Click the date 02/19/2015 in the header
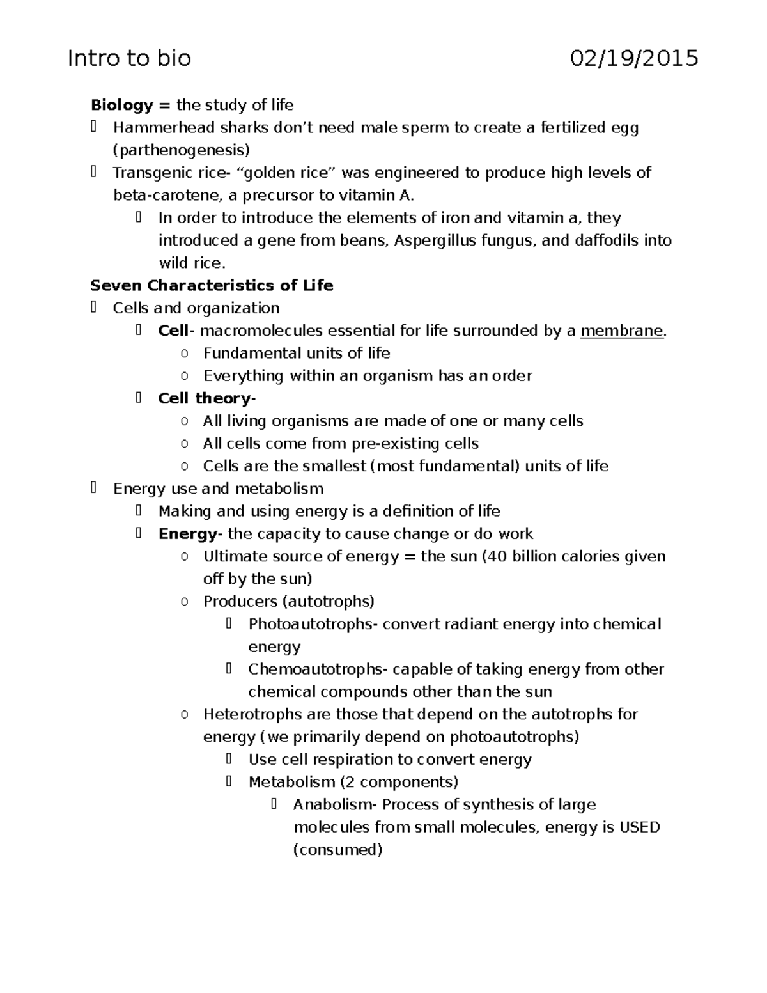coord(634,59)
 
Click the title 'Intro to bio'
coord(129,59)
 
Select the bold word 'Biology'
coord(121,105)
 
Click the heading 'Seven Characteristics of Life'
coord(212,285)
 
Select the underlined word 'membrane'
coord(621,331)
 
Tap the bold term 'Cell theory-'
coord(206,398)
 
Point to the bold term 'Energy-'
coord(190,534)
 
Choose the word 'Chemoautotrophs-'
coord(318,669)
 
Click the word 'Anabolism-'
coord(335,804)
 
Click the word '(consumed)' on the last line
coord(337,850)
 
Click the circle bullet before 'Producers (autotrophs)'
coord(184,602)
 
